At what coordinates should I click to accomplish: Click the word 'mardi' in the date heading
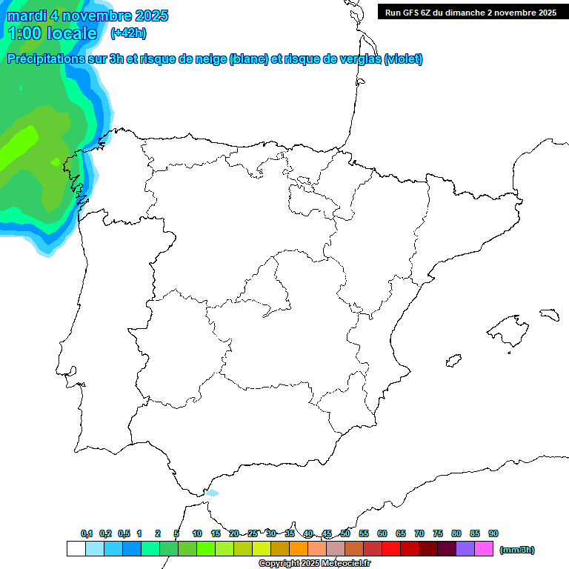[x=27, y=16]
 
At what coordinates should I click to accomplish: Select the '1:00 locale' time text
[x=52, y=33]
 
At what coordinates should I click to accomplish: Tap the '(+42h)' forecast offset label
[x=128, y=33]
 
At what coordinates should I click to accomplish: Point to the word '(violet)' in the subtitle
[x=403, y=59]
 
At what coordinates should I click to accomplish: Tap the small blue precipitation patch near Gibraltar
[x=213, y=493]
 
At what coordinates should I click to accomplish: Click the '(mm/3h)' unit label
[x=516, y=550]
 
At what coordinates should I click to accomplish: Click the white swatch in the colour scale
[x=76, y=549]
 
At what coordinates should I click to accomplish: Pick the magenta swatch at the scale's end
[x=484, y=549]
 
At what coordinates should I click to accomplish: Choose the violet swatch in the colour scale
[x=465, y=549]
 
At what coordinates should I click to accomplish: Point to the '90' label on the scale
[x=493, y=533]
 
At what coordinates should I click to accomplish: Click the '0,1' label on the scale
[x=87, y=533]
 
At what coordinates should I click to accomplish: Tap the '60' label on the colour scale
[x=382, y=533]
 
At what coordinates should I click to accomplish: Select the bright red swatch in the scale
[x=391, y=549]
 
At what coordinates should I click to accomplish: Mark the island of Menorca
[x=549, y=314]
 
